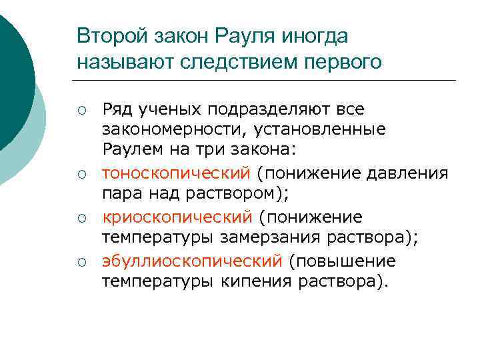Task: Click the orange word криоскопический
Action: (177, 217)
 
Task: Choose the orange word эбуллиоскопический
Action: (193, 260)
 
